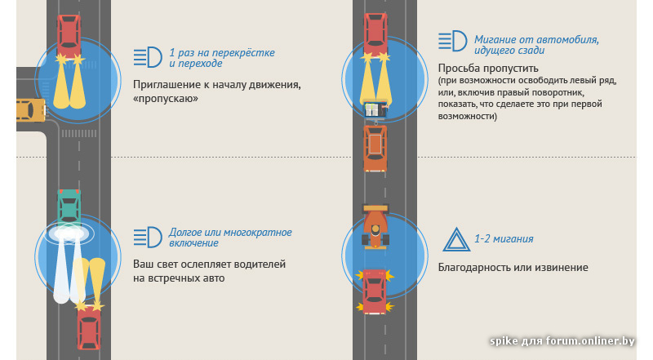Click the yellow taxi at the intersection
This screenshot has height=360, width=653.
30,110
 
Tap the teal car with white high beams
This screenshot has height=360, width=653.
69,207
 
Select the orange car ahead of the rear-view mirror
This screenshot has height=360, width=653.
375,149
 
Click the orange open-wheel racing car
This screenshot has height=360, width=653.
375,226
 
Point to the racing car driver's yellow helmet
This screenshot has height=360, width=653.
375,229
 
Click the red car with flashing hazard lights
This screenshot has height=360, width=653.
375,291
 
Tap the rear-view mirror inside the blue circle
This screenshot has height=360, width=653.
376,109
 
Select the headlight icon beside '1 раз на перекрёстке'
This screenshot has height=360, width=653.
148,57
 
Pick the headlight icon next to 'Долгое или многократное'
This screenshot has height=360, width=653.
148,237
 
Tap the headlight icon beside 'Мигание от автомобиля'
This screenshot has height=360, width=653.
453,41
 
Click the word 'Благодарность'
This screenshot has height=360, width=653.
474,268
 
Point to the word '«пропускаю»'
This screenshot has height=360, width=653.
166,99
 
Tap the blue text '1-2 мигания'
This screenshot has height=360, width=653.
504,239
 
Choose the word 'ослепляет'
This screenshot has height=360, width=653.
206,264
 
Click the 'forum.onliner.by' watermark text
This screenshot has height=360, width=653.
590,341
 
